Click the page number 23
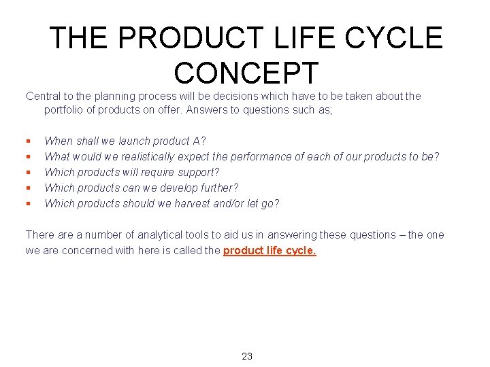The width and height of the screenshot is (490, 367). pyautogui.click(x=247, y=356)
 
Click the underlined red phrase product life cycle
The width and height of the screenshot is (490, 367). pyautogui.click(x=269, y=250)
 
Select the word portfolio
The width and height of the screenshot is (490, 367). pyautogui.click(x=64, y=110)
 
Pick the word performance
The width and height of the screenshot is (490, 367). pyautogui.click(x=262, y=157)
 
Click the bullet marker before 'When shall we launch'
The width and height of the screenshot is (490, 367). pyautogui.click(x=28, y=141)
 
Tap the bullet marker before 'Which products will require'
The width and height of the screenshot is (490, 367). pyautogui.click(x=28, y=173)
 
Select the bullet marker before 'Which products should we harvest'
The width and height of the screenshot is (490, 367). pyautogui.click(x=28, y=204)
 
